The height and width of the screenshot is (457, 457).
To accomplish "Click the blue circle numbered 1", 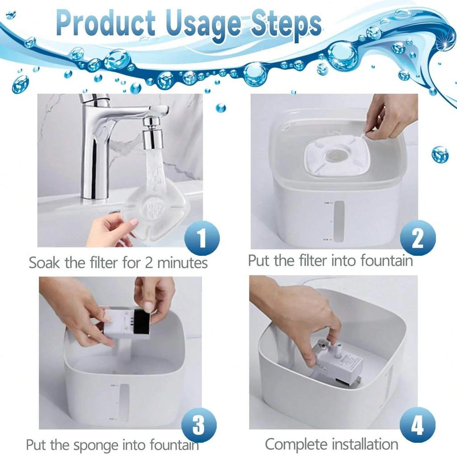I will (202, 237).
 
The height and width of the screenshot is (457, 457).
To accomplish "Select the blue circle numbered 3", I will (199, 426).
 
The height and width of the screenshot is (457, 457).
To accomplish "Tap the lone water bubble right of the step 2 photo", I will (440, 154).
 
